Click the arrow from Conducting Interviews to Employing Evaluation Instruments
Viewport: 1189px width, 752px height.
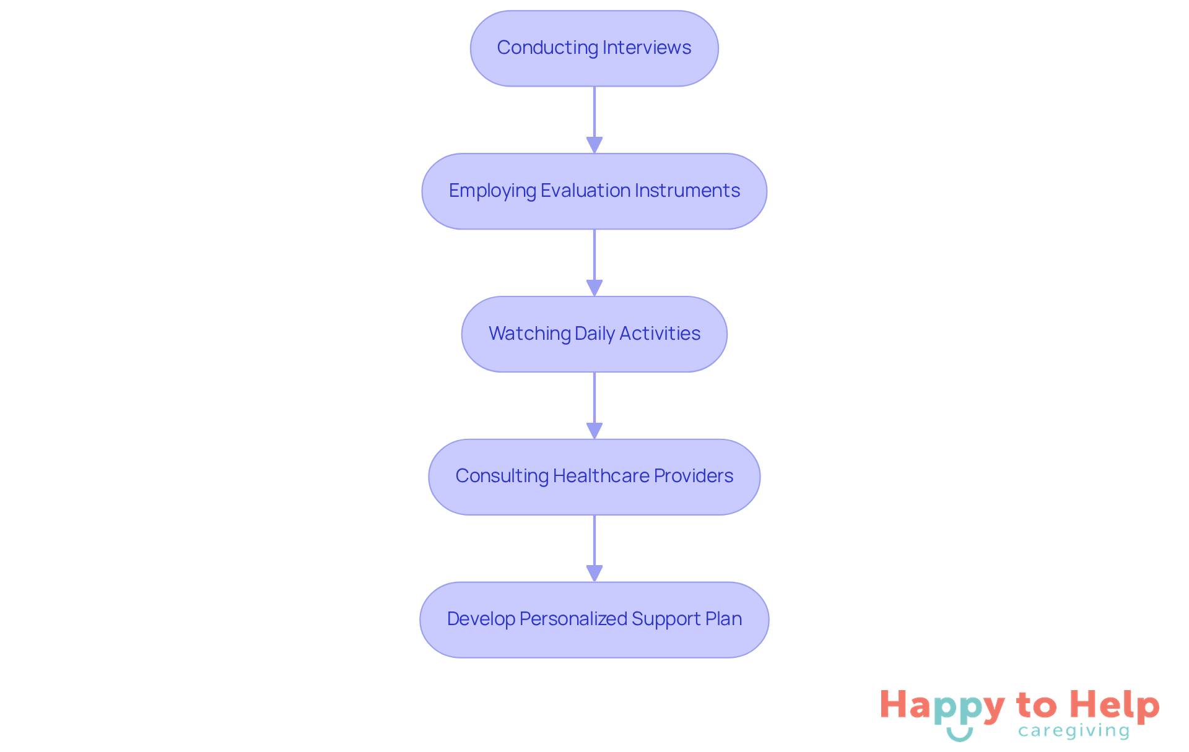click(x=594, y=119)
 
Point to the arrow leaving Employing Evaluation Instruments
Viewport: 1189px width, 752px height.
click(x=594, y=262)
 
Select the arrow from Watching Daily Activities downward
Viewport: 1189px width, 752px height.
click(x=594, y=405)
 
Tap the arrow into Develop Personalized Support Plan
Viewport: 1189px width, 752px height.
click(x=594, y=548)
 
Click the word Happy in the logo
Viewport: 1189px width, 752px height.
click(x=942, y=706)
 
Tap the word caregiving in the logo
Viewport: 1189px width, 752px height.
click(x=1074, y=731)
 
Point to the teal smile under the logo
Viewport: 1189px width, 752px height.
click(x=959, y=735)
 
